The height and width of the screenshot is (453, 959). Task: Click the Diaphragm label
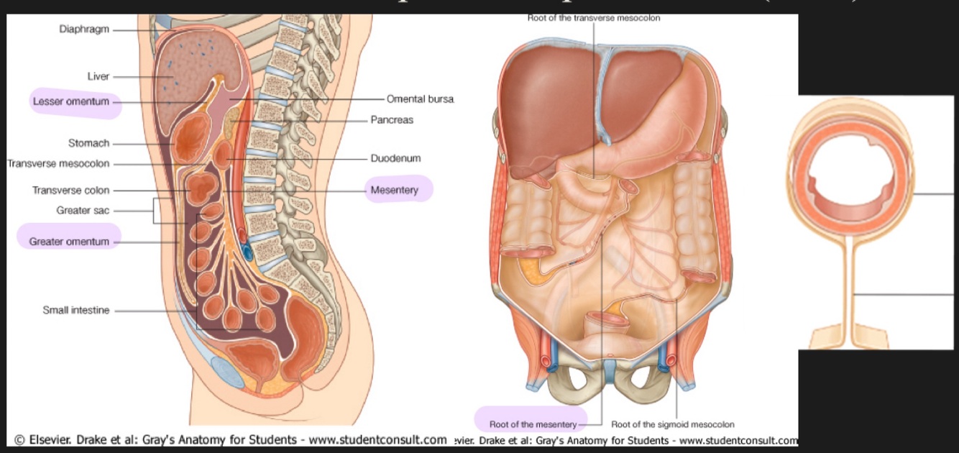(85, 30)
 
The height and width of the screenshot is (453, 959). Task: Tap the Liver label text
(98, 76)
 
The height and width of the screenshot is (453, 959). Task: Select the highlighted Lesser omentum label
(71, 101)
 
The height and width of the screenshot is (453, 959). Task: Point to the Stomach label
(88, 143)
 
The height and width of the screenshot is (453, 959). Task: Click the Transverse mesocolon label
(58, 163)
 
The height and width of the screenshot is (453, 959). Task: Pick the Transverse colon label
(70, 191)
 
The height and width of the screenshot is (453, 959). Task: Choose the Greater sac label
(83, 211)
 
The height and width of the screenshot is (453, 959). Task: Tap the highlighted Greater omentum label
(69, 242)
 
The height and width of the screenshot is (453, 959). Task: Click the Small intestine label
(76, 311)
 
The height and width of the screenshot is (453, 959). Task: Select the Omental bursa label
(420, 99)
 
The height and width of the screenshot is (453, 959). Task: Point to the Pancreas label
(392, 120)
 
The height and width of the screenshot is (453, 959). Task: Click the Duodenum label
(395, 158)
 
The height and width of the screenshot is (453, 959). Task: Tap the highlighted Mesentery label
(394, 191)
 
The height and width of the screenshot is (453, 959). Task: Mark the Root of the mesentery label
(533, 424)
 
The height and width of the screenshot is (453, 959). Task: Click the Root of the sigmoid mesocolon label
(672, 424)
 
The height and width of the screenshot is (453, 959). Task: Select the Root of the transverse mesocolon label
(593, 17)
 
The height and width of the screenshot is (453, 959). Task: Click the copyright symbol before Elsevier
(19, 440)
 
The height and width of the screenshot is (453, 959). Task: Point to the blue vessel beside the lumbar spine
(247, 252)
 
